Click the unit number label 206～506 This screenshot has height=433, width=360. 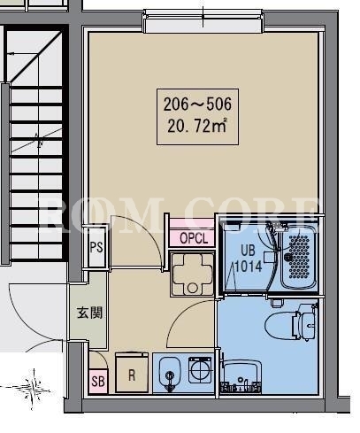pyautogui.click(x=197, y=104)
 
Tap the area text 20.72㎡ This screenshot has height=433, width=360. pyautogui.click(x=197, y=127)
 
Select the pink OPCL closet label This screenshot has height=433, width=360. pyautogui.click(x=193, y=238)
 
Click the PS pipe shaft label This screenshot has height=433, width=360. pyautogui.click(x=96, y=247)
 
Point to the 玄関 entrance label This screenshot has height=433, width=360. pyautogui.click(x=89, y=313)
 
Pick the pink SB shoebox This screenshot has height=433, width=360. pyautogui.click(x=98, y=381)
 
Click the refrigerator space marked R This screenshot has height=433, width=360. pyautogui.click(x=132, y=373)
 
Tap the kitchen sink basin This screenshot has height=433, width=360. pyautogui.click(x=170, y=374)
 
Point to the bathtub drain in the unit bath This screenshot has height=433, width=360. pyautogui.click(x=287, y=257)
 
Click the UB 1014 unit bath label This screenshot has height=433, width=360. pyautogui.click(x=249, y=259)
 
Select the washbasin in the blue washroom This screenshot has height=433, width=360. pyautogui.click(x=242, y=377)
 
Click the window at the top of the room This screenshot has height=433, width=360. pyautogui.click(x=203, y=21)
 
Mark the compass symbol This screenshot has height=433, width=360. pyautogui.click(x=34, y=389)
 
